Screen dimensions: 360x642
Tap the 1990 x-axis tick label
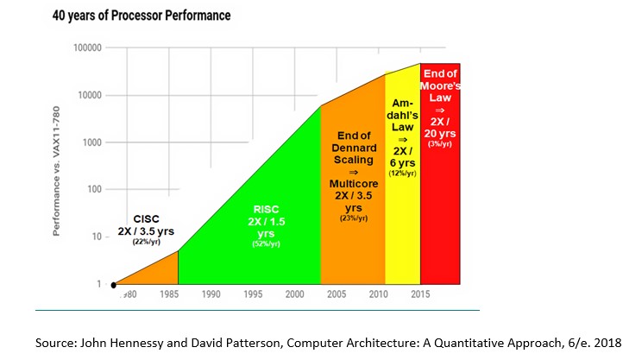coord(210,294)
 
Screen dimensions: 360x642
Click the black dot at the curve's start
coord(115,284)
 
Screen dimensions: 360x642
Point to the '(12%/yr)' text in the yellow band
coord(402,174)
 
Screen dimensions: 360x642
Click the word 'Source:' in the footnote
coord(58,343)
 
